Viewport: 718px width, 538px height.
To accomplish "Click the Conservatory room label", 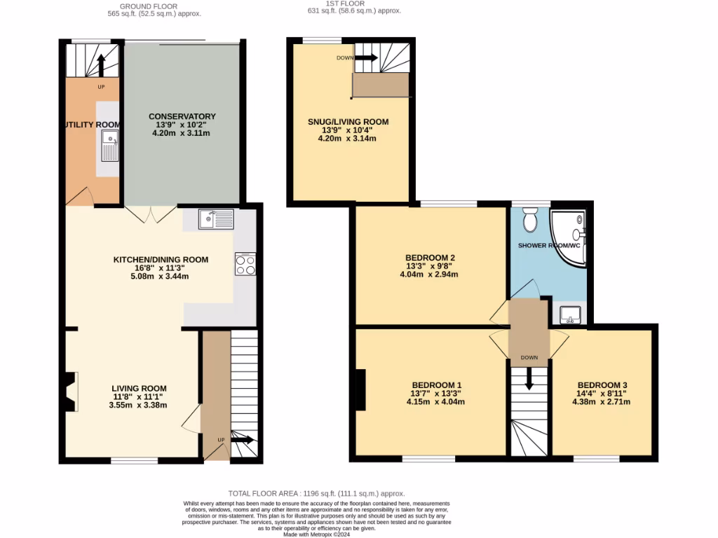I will coord(182,116).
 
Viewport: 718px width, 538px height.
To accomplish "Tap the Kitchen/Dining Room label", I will coord(161,260).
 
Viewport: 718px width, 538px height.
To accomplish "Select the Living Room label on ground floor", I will coord(139,388).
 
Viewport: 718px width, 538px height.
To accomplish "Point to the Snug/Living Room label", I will coord(348,122).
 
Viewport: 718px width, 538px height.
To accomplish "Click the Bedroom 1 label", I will coord(436,385).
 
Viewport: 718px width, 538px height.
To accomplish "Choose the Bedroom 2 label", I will coord(430,258).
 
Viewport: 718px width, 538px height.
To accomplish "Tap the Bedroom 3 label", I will coord(602,385).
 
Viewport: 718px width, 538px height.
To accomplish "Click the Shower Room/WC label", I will coord(549,246).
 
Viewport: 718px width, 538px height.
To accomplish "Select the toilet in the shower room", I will coord(530,219).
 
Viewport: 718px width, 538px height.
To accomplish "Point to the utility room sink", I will coord(109,149).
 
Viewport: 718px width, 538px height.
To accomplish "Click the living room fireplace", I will coord(69,392).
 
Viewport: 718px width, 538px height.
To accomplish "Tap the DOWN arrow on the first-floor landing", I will coord(529,378).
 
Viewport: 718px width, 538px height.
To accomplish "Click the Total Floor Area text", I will coord(316,493).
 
